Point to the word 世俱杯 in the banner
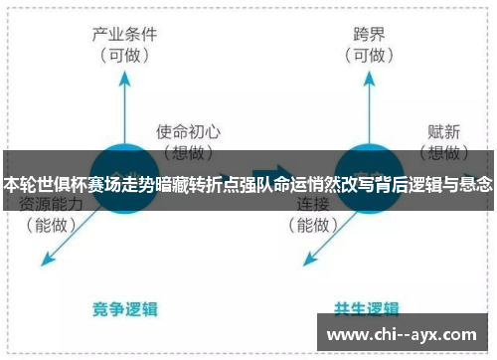click(x=60, y=184)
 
